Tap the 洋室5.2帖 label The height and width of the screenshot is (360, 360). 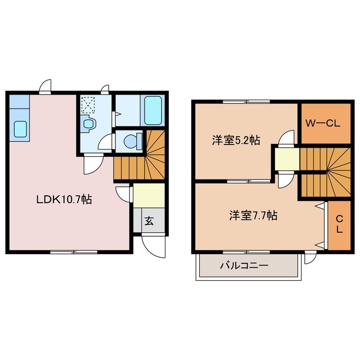[x=236, y=141]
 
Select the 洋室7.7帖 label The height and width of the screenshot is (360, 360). [x=253, y=215]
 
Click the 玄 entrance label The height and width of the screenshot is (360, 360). [x=149, y=221]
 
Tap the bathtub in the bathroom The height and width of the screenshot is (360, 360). [x=153, y=110]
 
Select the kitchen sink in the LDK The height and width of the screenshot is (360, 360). [x=20, y=130]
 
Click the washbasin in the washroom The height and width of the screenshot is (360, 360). [x=88, y=124]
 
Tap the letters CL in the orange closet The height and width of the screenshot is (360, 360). [x=339, y=225]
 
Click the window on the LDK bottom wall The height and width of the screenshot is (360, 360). [x=74, y=251]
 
